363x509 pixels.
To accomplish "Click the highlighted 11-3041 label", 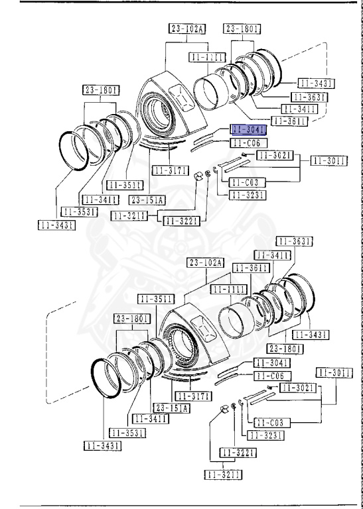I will [x=248, y=129].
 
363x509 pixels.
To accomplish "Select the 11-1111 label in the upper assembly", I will [x=207, y=58].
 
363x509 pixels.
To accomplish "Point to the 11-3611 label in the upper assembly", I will [x=291, y=121].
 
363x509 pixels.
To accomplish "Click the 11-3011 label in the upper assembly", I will [x=329, y=160].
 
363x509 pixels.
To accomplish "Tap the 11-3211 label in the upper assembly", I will [x=129, y=215].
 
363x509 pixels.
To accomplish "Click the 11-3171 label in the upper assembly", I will [x=170, y=170].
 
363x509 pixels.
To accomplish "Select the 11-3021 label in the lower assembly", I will [x=297, y=387].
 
